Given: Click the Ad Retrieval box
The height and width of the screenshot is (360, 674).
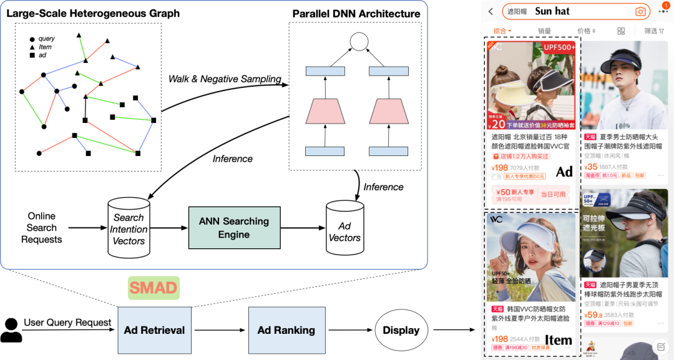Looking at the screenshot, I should click(154, 330).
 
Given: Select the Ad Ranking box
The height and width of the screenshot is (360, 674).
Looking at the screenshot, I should click(286, 330).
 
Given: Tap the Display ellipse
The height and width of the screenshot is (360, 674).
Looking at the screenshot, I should click(401, 330).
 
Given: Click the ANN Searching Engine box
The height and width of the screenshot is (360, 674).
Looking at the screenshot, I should click(233, 228).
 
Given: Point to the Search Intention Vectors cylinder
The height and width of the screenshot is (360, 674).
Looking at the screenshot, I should click(129, 228).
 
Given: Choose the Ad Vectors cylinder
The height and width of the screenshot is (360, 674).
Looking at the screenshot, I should click(344, 231).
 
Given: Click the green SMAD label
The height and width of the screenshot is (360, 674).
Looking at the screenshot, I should click(154, 288).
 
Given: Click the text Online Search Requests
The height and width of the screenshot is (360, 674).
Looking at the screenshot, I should click(41, 228).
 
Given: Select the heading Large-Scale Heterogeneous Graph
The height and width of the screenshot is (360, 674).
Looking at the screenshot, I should click(93, 13).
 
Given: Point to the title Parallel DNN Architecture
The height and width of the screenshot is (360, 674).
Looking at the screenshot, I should click(356, 13).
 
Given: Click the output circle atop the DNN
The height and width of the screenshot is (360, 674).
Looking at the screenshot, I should click(359, 42).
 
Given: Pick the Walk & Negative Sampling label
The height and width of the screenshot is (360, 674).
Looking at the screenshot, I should click(225, 79).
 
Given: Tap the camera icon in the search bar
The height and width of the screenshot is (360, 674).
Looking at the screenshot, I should click(640, 11).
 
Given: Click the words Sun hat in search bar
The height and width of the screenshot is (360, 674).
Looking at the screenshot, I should click(552, 11).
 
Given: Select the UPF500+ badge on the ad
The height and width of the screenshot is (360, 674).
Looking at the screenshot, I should click(558, 47).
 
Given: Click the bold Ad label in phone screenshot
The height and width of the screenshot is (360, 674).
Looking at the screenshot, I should click(564, 172).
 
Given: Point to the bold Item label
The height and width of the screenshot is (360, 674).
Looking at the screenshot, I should click(558, 340).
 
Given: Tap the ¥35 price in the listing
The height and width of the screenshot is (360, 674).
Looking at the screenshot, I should click(590, 167).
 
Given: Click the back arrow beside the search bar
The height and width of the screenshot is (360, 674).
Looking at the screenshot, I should click(491, 11).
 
